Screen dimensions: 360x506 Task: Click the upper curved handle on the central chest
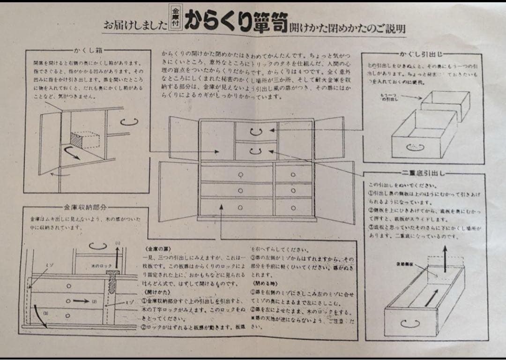[256, 131]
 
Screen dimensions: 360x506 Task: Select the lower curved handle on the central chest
[256, 151]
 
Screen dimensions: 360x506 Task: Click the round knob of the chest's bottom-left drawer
[239, 207]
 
